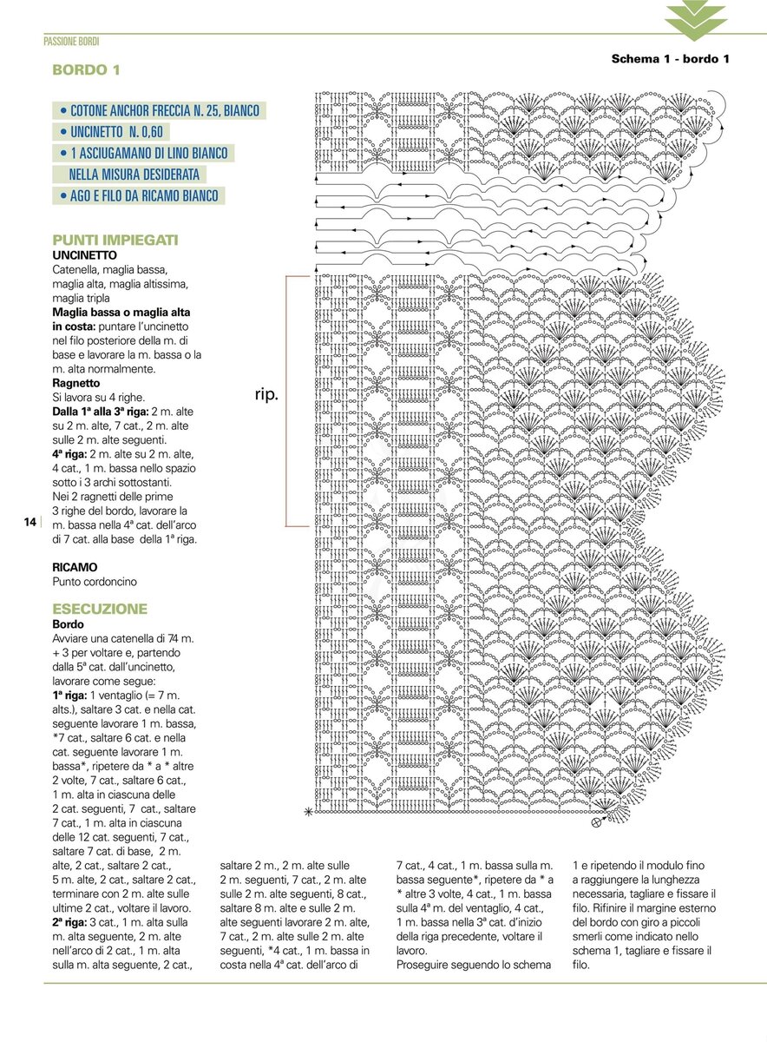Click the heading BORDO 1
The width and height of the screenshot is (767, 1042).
coord(86,69)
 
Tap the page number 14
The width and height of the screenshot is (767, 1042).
coord(29,522)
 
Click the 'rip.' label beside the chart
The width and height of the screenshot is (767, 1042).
coord(266,394)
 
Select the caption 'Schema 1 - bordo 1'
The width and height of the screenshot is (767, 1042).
coord(670,59)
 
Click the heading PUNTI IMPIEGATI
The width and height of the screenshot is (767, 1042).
coord(115,240)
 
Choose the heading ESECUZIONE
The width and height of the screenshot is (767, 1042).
coord(100,609)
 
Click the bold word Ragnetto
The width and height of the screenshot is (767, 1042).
coord(76,383)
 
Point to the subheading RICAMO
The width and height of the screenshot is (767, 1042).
coord(75,567)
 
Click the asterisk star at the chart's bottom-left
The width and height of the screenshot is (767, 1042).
coord(307,812)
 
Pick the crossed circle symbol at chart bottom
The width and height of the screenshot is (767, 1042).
coord(596,822)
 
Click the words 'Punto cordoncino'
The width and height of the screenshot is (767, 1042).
coord(95,581)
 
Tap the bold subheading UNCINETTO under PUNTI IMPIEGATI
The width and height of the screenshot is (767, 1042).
coord(84,255)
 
